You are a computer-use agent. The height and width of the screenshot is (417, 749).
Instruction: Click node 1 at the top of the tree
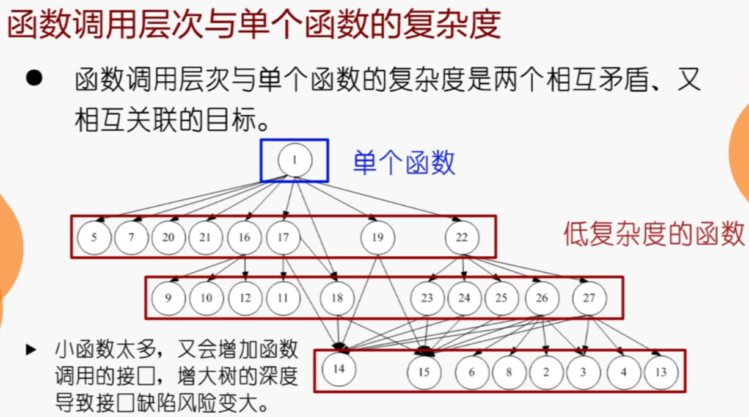(x=294, y=161)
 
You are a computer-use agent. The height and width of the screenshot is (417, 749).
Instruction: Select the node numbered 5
(x=93, y=237)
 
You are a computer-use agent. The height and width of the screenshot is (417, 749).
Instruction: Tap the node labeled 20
(x=168, y=237)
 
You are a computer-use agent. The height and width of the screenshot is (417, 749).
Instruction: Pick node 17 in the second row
(x=283, y=237)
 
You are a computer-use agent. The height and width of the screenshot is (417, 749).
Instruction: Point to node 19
(x=378, y=237)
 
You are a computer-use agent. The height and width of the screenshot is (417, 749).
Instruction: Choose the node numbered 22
(x=461, y=237)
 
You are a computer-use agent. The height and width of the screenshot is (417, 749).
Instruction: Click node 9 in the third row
(x=168, y=299)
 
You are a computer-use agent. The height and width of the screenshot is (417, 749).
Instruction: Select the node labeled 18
(x=337, y=299)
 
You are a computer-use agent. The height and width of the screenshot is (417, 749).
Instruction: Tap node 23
(x=427, y=299)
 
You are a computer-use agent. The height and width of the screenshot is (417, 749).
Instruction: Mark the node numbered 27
(x=589, y=299)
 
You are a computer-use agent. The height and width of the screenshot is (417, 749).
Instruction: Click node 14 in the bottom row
(x=339, y=369)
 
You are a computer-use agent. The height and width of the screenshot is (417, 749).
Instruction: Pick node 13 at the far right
(x=660, y=372)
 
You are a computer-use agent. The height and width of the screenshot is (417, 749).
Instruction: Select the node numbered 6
(x=472, y=372)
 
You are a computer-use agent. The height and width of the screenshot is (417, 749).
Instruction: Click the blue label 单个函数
(x=404, y=164)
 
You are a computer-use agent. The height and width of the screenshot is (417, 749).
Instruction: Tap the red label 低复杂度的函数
(x=654, y=234)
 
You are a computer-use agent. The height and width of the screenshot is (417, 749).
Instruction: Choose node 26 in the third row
(x=542, y=299)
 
